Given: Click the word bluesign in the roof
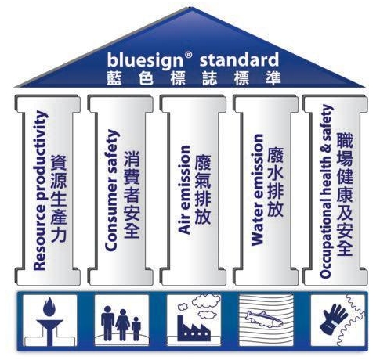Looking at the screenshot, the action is click(145, 61).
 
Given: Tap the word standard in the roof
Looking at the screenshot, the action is click(239, 59).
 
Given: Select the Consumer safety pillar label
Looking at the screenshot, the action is click(112, 190).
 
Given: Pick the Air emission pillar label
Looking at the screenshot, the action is click(184, 189).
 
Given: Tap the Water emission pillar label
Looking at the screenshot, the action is click(256, 189).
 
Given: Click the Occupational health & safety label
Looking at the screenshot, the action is click(326, 191).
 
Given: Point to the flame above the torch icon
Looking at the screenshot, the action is click(49, 307).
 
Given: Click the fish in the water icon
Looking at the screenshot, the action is click(264, 319).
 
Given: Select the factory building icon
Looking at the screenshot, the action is click(194, 329).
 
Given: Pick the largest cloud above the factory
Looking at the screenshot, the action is click(206, 300).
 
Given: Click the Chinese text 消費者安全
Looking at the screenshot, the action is click(132, 195).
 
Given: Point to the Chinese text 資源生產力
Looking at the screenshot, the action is click(59, 198).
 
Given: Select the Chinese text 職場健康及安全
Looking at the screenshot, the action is click(345, 194).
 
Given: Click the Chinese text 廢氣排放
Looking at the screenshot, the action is click(203, 189).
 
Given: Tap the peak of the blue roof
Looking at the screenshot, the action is click(191, 8).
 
